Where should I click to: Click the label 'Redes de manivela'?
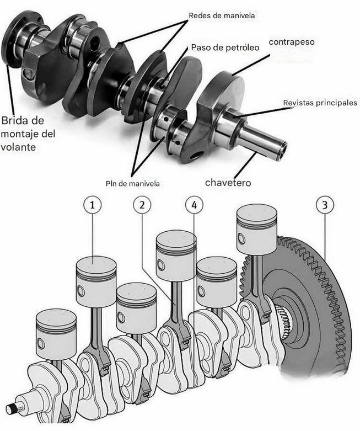point(222,15)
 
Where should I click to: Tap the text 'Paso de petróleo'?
point(225,47)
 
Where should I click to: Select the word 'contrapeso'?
point(292,42)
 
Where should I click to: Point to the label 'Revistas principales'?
point(320,103)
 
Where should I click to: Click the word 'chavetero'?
point(228,183)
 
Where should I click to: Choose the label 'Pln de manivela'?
point(133,183)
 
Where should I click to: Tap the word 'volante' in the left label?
point(18,147)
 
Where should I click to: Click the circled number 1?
point(92,205)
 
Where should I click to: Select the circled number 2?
point(142,205)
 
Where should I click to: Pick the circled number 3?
point(325,205)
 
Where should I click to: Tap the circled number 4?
point(194,205)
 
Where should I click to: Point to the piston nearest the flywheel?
point(257,230)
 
